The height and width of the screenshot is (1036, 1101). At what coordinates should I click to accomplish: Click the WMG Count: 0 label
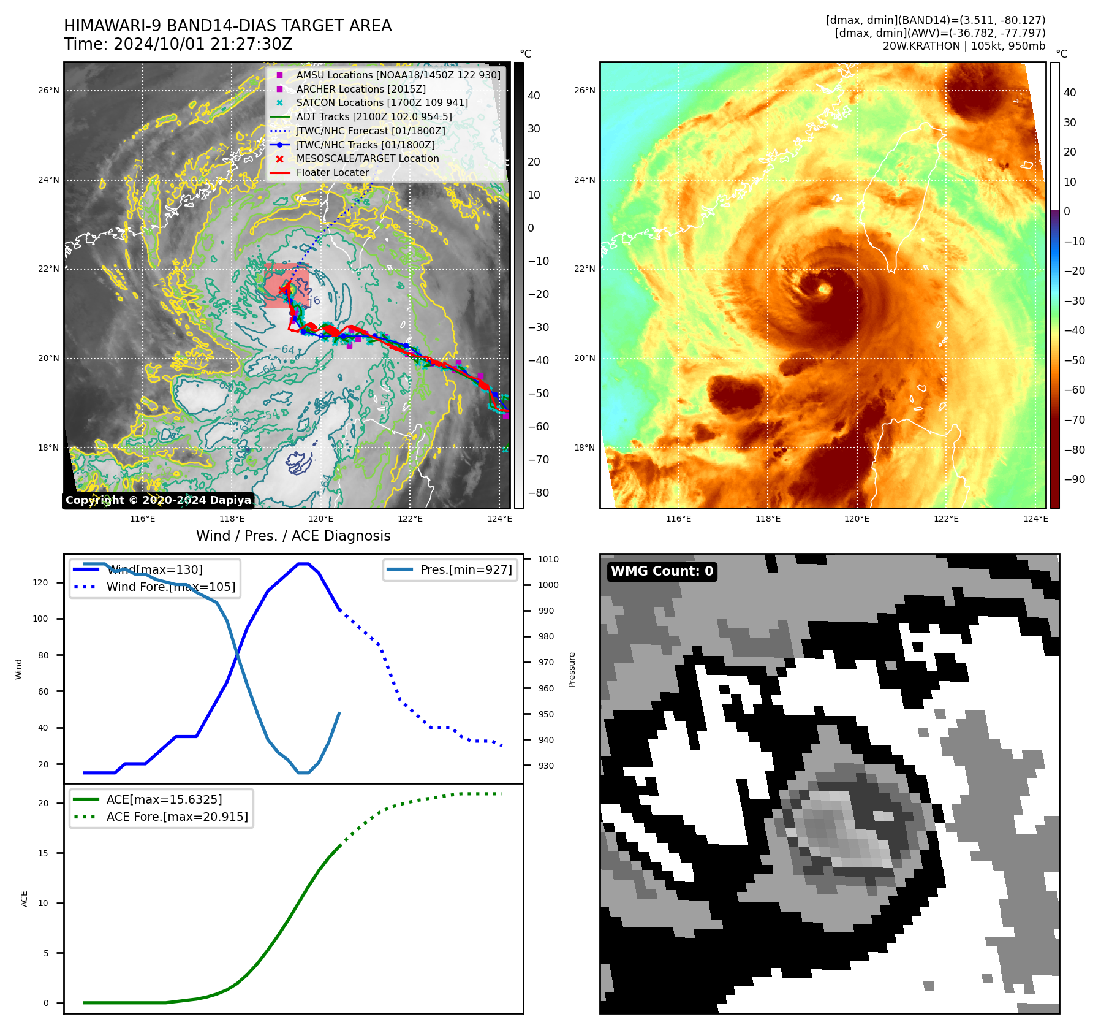pyautogui.click(x=662, y=571)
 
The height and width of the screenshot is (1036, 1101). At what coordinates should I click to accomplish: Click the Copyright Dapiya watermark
pyautogui.click(x=158, y=500)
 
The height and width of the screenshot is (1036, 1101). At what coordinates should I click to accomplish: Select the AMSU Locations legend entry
pyautogui.click(x=398, y=75)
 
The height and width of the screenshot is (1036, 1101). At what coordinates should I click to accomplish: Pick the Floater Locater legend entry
pyautogui.click(x=332, y=172)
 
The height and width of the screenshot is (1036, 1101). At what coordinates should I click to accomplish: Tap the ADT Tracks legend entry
pyautogui.click(x=374, y=116)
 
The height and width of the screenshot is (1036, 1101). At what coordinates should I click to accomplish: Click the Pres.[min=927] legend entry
pyautogui.click(x=466, y=569)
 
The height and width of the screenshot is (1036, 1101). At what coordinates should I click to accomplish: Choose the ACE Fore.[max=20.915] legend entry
pyautogui.click(x=176, y=817)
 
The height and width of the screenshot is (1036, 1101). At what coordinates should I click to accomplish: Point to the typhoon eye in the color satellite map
pyautogui.click(x=823, y=289)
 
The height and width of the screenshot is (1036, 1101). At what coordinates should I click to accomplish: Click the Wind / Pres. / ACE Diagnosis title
pyautogui.click(x=293, y=536)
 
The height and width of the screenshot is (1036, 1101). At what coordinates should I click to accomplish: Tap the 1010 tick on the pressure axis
pyautogui.click(x=548, y=559)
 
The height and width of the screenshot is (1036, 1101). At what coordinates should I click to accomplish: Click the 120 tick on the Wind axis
pyautogui.click(x=40, y=582)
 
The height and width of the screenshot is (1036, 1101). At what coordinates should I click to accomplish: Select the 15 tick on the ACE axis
pyautogui.click(x=43, y=853)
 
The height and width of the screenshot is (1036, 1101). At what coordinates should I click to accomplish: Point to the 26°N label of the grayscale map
pyautogui.click(x=49, y=90)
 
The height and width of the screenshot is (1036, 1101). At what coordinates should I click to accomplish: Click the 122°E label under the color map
pyautogui.click(x=946, y=519)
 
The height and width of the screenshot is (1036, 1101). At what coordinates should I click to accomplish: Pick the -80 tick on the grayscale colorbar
pyautogui.click(x=539, y=493)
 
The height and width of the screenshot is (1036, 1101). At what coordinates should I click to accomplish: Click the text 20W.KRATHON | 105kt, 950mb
pyautogui.click(x=964, y=46)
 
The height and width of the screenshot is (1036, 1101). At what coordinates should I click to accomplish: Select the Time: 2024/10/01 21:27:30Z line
pyautogui.click(x=178, y=44)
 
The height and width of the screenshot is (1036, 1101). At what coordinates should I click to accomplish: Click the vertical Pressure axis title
pyautogui.click(x=572, y=669)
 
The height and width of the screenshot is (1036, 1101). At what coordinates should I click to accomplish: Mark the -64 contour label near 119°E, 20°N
pyautogui.click(x=284, y=349)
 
